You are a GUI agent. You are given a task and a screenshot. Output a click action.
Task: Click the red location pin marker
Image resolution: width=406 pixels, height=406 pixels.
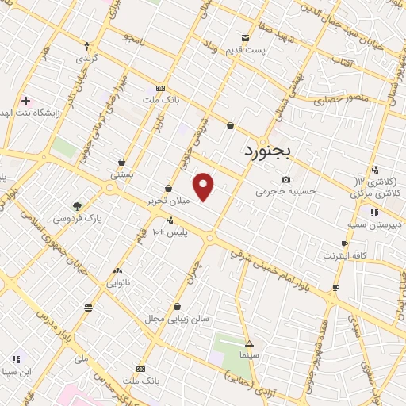coord(204,187)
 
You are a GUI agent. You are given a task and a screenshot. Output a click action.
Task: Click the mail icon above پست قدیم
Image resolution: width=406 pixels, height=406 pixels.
coord(246,37)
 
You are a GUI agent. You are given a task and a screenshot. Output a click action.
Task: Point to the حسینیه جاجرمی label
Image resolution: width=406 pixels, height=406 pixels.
coord(285,191)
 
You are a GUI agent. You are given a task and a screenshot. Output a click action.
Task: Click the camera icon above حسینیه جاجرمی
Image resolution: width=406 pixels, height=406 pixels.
coord(285,180)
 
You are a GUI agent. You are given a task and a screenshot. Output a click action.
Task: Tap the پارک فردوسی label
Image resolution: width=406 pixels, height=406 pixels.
coord(78,217)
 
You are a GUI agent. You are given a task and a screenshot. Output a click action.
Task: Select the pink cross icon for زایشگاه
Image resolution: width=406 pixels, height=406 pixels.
coord(25,101)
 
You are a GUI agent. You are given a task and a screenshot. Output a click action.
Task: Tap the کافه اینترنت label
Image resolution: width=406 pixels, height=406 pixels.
coord(343,255)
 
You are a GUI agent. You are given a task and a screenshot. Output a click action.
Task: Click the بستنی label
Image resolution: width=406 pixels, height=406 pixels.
coord(121,173)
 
